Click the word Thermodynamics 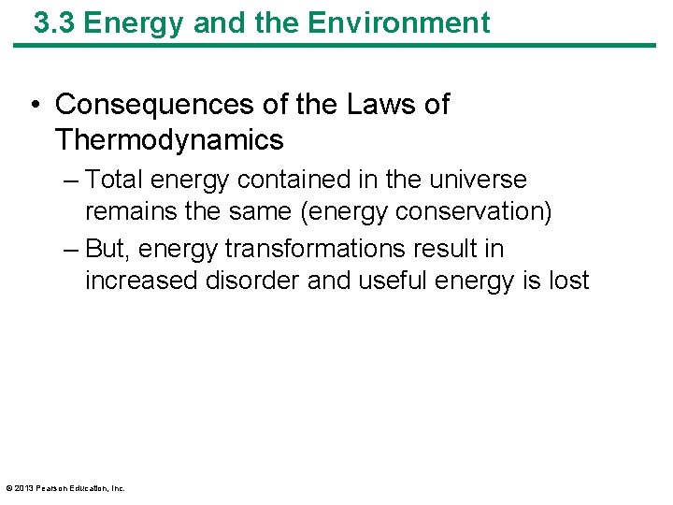tap(169, 140)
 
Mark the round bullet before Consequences tap(35, 106)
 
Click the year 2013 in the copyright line tap(22, 488)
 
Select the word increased tap(140, 281)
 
